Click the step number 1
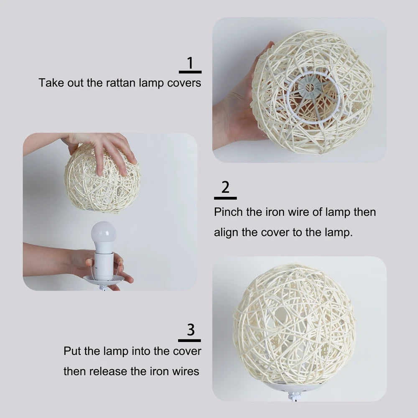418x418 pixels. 190,63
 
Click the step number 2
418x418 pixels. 225,188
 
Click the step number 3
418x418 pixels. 191,330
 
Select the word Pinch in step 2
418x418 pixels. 228,212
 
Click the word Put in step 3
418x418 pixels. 72,351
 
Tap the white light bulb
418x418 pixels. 103,235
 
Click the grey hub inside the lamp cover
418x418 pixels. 310,88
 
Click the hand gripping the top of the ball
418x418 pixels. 104,150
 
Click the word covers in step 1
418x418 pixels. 184,83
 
